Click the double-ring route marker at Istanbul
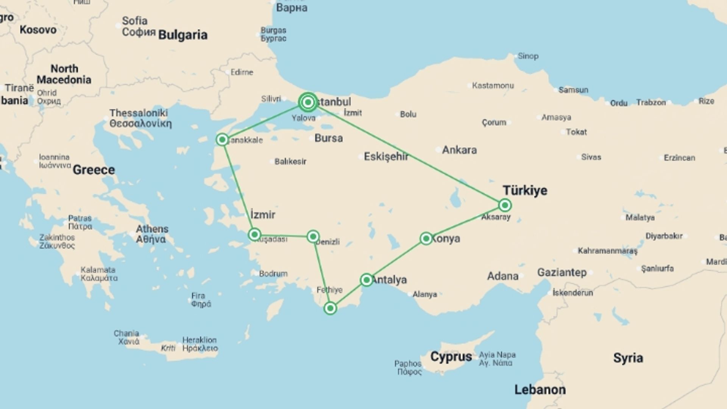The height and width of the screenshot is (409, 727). tap(308, 102)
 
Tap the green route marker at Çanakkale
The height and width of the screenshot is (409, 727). tap(222, 140)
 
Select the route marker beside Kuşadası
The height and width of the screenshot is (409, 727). tap(254, 235)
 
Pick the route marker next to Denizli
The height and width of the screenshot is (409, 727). tap(313, 237)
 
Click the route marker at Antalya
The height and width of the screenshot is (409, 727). tap(366, 280)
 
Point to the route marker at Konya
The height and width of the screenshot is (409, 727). tap(426, 238)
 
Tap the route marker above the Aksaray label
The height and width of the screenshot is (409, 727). tap(505, 205)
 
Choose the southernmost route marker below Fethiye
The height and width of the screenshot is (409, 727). tap(330, 308)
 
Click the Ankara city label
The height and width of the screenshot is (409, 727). tap(459, 150)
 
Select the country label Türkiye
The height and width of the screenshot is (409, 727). tap(525, 190)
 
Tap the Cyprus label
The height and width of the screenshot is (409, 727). tap(451, 357)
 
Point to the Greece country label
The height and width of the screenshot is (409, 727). tap(94, 170)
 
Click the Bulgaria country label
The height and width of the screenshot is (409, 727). tap(183, 35)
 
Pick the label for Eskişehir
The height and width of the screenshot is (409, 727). tap(386, 156)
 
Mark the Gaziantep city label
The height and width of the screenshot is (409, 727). tap(562, 272)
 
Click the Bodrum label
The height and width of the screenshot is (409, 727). tap(273, 273)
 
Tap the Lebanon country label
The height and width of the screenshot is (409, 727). tap(540, 390)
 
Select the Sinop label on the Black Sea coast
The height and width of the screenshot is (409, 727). tap(527, 56)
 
